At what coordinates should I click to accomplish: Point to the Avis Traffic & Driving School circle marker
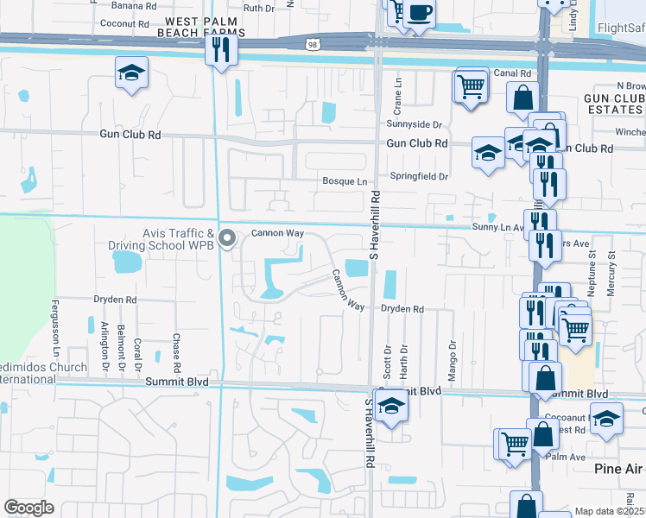[x=227, y=239]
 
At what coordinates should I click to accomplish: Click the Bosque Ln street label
[x=345, y=181]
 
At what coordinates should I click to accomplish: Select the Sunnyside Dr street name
[x=414, y=124]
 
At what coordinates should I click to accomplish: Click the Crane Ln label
[x=398, y=94]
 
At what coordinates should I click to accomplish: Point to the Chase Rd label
[x=176, y=349]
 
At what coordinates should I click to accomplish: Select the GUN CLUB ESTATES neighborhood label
[x=614, y=104]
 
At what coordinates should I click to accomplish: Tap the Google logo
[x=29, y=507]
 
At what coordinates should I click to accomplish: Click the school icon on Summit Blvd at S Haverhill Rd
[x=391, y=407]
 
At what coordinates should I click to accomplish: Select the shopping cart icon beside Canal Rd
[x=470, y=86]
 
